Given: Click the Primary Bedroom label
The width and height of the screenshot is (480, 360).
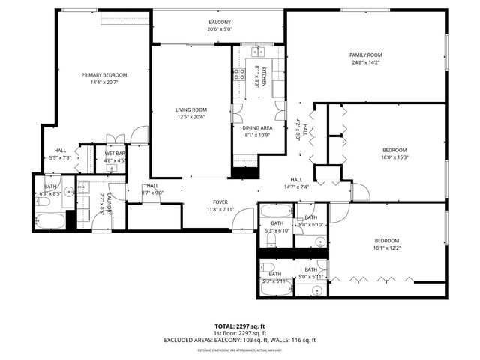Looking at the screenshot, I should [x=104, y=75].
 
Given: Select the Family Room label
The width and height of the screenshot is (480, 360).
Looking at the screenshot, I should [x=365, y=55].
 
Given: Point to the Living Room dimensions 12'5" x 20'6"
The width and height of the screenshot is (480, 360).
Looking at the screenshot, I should [x=190, y=117].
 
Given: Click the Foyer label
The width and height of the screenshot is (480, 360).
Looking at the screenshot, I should [x=220, y=202].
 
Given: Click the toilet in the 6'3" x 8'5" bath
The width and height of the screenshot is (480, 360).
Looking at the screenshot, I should [x=43, y=201].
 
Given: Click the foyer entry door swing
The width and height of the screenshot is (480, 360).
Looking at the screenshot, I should [x=243, y=219].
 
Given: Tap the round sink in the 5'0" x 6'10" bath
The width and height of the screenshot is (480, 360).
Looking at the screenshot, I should [x=320, y=241].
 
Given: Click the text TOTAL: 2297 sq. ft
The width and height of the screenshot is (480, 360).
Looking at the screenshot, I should [x=239, y=326].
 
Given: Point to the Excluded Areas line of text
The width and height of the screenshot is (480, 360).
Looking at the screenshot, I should [x=239, y=340].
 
